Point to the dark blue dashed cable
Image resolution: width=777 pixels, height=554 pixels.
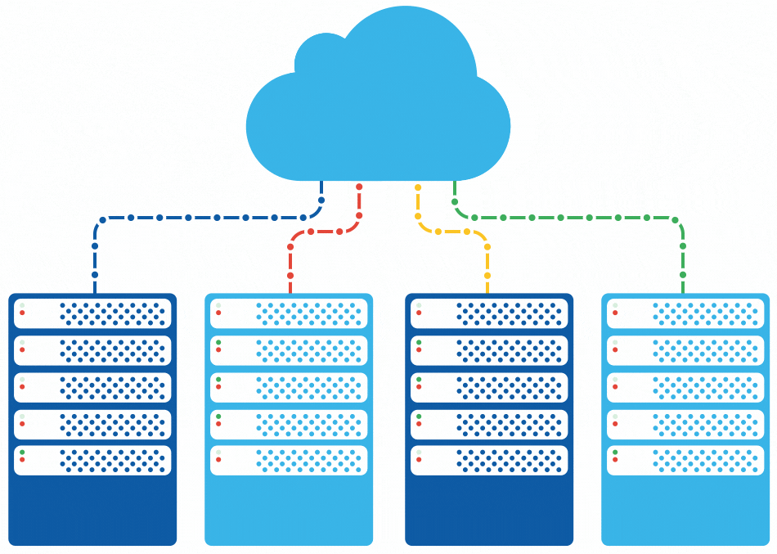[x=188, y=218]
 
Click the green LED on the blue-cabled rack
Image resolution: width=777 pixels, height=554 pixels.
[x=22, y=452]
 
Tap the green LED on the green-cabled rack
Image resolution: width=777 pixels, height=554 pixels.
[x=614, y=452]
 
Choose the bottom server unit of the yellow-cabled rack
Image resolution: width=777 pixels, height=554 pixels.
[x=489, y=460]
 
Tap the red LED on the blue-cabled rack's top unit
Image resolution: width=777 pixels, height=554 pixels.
[x=22, y=313]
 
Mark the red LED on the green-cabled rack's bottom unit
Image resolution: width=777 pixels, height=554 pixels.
[x=614, y=460]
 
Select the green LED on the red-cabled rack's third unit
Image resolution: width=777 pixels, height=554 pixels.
[x=218, y=379]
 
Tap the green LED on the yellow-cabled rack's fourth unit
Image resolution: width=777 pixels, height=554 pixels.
[x=419, y=416]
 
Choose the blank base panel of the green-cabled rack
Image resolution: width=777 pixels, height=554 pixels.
[x=685, y=507]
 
